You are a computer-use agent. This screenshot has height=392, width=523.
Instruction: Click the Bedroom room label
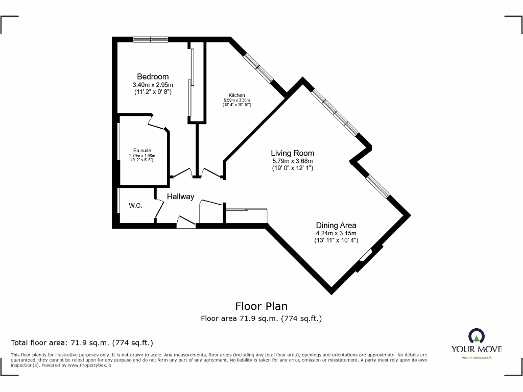[x=152, y=77]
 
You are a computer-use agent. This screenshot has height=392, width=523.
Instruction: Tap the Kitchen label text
[x=236, y=95]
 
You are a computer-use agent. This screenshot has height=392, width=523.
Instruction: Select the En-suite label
[x=142, y=150]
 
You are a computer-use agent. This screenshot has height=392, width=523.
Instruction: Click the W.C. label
[x=135, y=206]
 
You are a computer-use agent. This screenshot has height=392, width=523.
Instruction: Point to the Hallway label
[x=180, y=197]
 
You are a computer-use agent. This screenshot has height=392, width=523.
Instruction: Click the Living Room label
[x=292, y=153]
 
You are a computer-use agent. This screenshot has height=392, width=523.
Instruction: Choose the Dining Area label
[x=336, y=225]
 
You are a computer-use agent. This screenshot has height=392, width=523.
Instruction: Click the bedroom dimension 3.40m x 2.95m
[x=152, y=85]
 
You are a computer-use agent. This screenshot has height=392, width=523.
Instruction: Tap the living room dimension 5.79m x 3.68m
[x=292, y=161]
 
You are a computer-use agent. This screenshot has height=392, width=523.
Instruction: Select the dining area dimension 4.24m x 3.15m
[x=336, y=233]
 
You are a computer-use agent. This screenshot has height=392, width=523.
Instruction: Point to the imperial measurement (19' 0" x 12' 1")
[x=292, y=168]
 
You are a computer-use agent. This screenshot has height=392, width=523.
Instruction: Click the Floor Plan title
[x=261, y=306]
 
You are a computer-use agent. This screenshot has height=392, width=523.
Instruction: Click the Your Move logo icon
[x=476, y=336]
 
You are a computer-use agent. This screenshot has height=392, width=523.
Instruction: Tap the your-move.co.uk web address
[x=476, y=358]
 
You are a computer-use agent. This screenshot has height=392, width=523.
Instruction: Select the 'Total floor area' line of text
[x=82, y=342]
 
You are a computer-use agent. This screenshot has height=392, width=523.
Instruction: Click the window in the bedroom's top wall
[x=151, y=39]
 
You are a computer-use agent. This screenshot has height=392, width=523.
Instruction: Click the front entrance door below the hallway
[x=185, y=221]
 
